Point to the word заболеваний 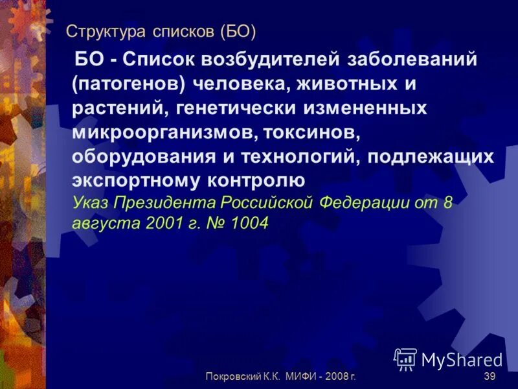[413, 60]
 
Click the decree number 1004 [245, 222]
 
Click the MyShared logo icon [405, 358]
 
